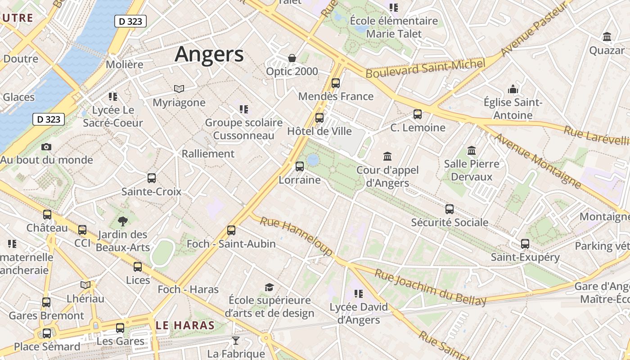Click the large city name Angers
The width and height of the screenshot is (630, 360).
(x=209, y=54)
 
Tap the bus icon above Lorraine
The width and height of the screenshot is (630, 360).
(x=300, y=166)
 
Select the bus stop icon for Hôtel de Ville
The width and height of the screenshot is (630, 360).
(x=319, y=118)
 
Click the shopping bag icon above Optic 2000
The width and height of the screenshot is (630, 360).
(x=292, y=58)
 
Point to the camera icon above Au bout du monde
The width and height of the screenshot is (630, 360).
(x=46, y=147)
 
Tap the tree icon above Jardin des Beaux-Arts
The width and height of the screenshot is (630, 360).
(x=122, y=221)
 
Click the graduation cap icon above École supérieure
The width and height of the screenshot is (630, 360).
(x=269, y=287)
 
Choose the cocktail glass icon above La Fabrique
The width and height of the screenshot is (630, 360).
(x=235, y=341)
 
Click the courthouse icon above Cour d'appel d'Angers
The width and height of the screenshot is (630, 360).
(x=387, y=157)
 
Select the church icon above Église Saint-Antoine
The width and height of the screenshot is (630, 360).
(x=513, y=89)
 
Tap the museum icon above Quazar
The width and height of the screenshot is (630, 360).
(x=607, y=37)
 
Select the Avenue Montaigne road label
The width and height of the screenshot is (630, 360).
(x=538, y=160)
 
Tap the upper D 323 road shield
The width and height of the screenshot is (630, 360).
(x=130, y=21)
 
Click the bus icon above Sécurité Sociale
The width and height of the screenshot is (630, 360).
(x=450, y=209)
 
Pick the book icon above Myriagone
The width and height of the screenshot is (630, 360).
(x=179, y=89)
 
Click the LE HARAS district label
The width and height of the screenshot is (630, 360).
(x=185, y=325)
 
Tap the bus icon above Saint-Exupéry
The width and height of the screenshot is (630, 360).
(x=525, y=244)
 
